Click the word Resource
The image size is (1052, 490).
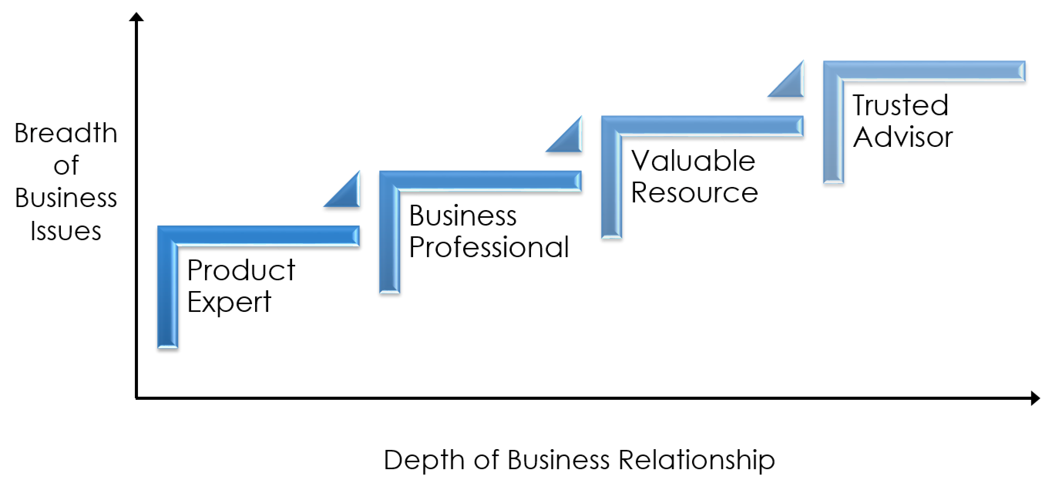point(694,192)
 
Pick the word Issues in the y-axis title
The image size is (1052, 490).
point(66,231)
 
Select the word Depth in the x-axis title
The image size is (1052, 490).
point(423,461)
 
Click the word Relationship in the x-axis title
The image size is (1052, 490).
point(696,461)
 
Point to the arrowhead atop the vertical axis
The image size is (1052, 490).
point(136,17)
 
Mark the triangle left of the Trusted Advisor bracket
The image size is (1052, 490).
point(792,84)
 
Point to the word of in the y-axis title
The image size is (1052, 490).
point(66,165)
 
